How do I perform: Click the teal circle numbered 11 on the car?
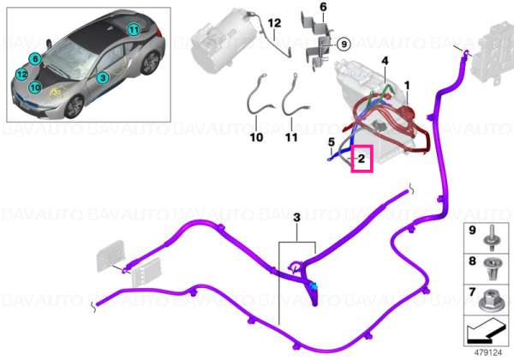134,30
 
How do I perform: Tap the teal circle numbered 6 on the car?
35,59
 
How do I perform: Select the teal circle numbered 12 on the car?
22,75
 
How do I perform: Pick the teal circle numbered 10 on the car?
35,87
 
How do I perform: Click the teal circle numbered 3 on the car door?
103,78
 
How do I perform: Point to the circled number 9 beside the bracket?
344,44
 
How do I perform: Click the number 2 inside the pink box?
362,159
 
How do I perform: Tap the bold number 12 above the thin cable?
274,23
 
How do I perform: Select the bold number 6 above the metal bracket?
323,7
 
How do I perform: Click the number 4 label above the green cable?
385,61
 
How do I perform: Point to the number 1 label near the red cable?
407,86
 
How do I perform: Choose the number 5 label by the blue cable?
332,142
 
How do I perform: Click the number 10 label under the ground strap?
256,137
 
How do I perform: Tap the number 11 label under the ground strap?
291,137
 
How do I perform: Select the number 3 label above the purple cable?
296,218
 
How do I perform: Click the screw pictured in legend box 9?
492,238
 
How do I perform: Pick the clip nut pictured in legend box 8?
492,268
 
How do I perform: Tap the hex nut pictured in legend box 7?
489,300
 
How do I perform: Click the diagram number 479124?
488,353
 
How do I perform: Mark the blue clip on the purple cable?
314,286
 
